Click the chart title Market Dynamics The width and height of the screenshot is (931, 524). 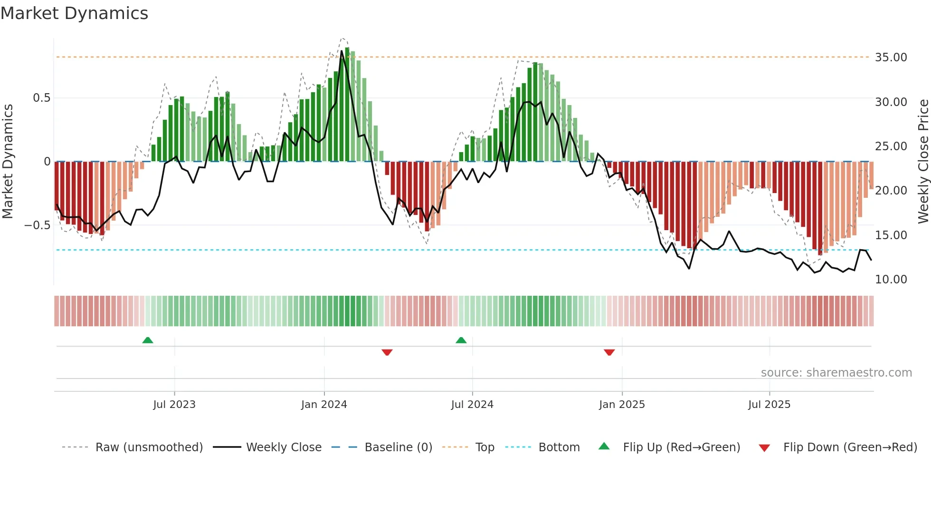[x=74, y=13]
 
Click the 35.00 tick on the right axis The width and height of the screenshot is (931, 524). [x=891, y=58]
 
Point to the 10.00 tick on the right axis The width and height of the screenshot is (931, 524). [x=891, y=280]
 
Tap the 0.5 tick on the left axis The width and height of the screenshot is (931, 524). [x=41, y=98]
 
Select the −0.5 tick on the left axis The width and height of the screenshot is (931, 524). [x=37, y=225]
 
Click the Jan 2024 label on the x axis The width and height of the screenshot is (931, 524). [x=324, y=405]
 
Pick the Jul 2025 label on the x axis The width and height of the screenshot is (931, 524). [x=769, y=405]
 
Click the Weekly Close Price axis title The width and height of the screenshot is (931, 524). [x=923, y=162]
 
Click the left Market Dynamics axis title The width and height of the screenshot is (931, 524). [x=8, y=162]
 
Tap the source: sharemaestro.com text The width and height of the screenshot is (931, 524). [x=836, y=373]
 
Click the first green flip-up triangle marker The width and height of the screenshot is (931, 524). [x=148, y=340]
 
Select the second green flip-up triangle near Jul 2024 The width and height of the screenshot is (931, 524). [x=461, y=340]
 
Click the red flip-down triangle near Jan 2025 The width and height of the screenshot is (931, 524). [x=609, y=352]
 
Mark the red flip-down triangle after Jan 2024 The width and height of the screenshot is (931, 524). [x=387, y=352]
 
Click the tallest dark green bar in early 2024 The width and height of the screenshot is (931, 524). [x=347, y=105]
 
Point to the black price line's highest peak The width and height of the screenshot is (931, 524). [x=342, y=51]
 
